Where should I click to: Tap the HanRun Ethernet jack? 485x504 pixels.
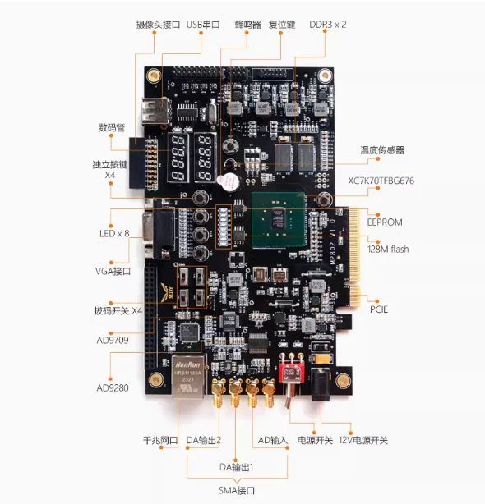click(x=188, y=376)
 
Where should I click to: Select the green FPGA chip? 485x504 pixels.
click(x=279, y=219)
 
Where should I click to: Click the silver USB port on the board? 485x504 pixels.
click(x=155, y=111)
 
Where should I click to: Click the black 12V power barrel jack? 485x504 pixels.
click(x=321, y=384)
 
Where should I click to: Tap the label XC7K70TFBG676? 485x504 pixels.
click(x=381, y=181)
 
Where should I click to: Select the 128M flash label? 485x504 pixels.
click(x=388, y=249)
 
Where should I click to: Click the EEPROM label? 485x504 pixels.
click(x=385, y=222)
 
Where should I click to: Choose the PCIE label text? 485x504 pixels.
click(x=379, y=309)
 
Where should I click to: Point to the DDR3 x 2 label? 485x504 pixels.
click(x=328, y=25)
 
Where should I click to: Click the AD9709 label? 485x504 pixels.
click(x=113, y=340)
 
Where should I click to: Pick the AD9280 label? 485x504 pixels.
click(x=113, y=388)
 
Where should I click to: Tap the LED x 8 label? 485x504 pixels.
click(x=114, y=234)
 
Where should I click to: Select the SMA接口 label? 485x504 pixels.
click(x=237, y=491)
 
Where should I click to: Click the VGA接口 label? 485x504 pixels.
click(x=113, y=271)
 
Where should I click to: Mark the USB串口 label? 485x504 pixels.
click(x=203, y=25)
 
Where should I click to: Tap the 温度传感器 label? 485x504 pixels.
click(x=382, y=150)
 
